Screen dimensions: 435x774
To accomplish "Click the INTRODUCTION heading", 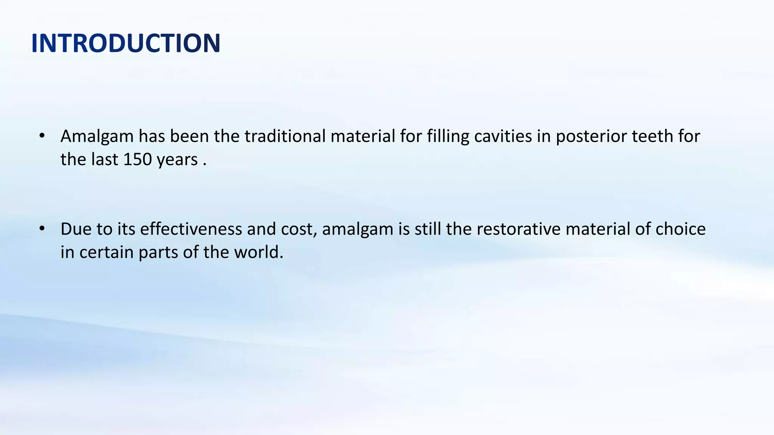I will [x=126, y=43].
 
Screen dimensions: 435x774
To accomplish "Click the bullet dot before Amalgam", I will [x=42, y=136].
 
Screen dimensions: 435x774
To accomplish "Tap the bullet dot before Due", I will [x=42, y=228].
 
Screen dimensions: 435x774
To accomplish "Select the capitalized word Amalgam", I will [x=97, y=137].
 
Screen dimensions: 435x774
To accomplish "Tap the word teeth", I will [x=653, y=136].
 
